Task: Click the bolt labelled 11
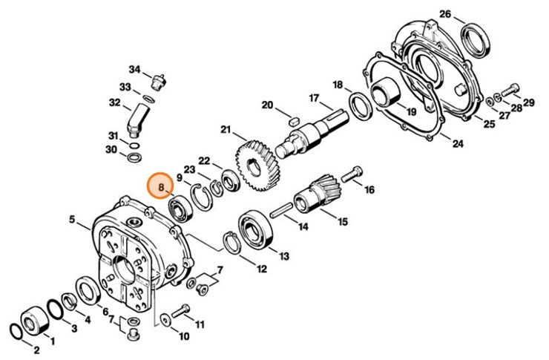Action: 180,310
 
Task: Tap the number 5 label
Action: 72,220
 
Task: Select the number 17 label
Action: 313,98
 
